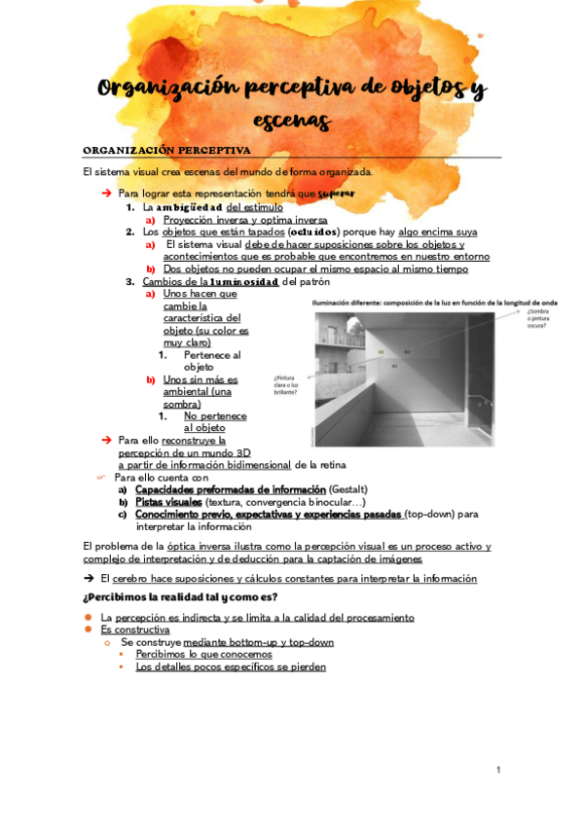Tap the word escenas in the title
(x=291, y=121)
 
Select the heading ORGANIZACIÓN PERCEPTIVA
(x=166, y=150)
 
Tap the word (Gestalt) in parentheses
(x=348, y=488)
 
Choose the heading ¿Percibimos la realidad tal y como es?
(x=180, y=596)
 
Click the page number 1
(x=497, y=771)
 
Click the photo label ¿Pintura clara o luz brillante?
(x=291, y=384)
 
